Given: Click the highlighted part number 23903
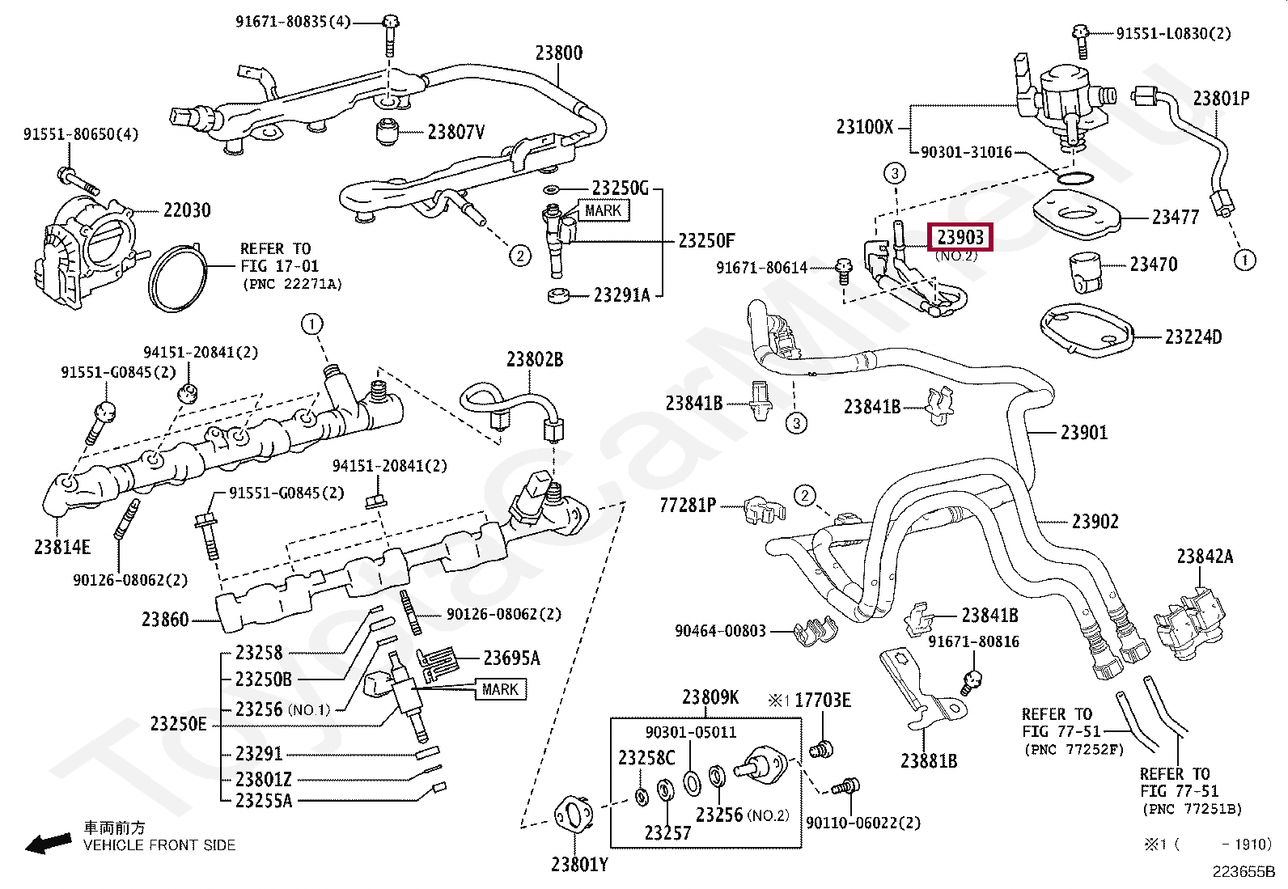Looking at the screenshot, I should (960, 237).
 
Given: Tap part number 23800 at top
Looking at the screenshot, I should (558, 53).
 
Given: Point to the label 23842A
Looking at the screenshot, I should (1205, 557).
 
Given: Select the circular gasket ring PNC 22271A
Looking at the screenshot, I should (177, 279).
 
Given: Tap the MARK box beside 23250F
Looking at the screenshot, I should (603, 210).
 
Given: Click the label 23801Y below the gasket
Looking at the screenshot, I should (579, 865).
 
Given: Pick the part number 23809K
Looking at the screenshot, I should (710, 697).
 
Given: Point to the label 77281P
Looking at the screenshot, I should (688, 506).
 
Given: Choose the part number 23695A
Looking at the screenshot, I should (511, 658).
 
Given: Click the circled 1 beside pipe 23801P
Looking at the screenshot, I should (1244, 260).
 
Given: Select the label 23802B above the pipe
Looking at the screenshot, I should (535, 359).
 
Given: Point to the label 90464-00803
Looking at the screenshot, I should (720, 630).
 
